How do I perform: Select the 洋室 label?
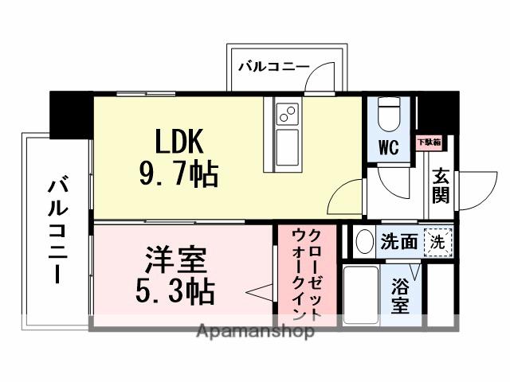(x=177, y=259)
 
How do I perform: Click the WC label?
(x=388, y=147)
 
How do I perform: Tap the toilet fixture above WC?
(x=389, y=113)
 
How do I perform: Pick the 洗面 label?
(x=398, y=241)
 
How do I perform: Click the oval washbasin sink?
(x=365, y=242)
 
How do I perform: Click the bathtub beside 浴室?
(x=361, y=294)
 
